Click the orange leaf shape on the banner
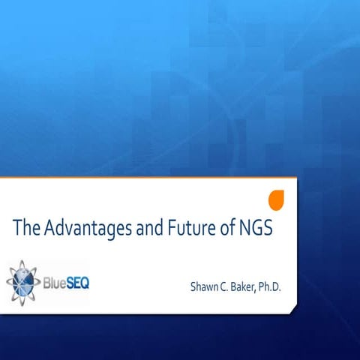pyautogui.click(x=276, y=200)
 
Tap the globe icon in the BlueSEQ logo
pyautogui.click(x=24, y=281)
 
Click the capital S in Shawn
pyautogui.click(x=194, y=286)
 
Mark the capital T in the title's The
pyautogui.click(x=17, y=228)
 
